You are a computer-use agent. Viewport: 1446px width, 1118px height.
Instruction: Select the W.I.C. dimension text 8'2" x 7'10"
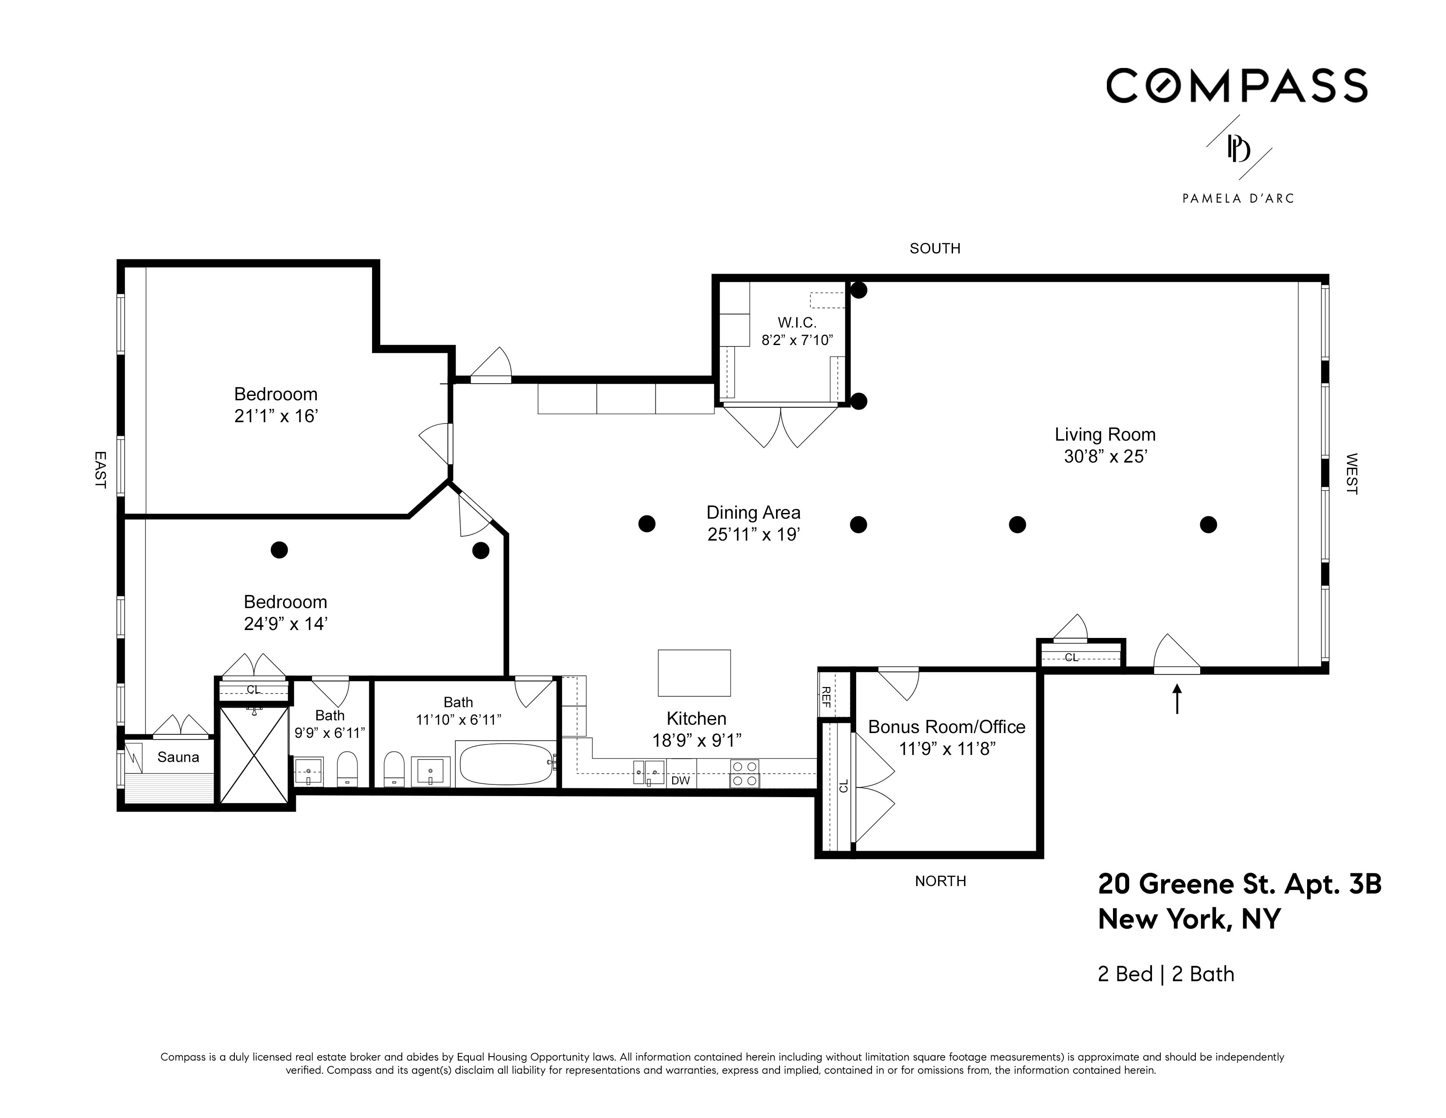(x=797, y=340)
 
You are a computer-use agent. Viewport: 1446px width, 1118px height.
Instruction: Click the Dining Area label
(x=754, y=512)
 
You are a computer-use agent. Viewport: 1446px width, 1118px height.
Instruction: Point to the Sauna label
(x=178, y=757)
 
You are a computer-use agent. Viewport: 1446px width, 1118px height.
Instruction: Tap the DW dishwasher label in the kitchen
(x=680, y=780)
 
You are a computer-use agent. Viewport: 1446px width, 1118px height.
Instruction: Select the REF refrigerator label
(x=826, y=696)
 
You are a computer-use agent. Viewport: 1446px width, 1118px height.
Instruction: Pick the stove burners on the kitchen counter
(x=745, y=773)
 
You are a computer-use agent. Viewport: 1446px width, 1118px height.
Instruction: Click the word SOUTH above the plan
(x=935, y=248)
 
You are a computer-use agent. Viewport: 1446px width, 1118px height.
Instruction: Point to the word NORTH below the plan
(x=940, y=881)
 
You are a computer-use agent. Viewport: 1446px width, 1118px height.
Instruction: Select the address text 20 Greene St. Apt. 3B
(x=1240, y=884)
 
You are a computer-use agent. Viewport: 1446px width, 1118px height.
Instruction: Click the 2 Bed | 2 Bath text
(x=1166, y=974)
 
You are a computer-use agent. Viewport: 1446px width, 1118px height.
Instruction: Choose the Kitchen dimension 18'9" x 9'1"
(x=697, y=740)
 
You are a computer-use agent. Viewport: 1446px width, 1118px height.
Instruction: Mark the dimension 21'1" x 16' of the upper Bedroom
(x=276, y=416)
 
